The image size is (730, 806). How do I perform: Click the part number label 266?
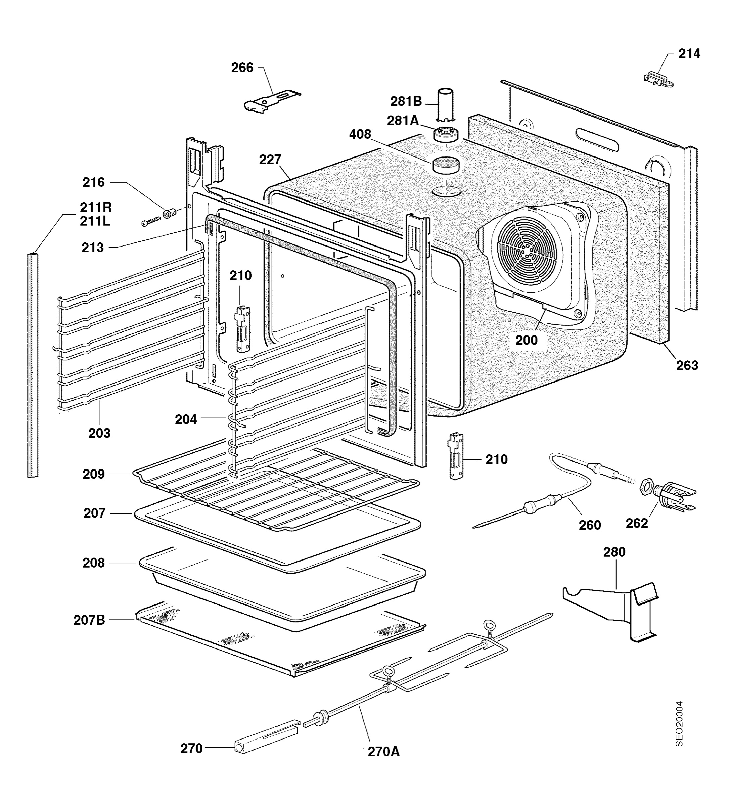coord(242,68)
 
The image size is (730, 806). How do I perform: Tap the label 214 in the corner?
coord(689,54)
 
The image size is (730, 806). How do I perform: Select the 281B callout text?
coord(406,101)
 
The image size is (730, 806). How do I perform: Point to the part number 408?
coord(360,134)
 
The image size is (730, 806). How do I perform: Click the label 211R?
coord(96,207)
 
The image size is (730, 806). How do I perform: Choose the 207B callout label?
coord(89,620)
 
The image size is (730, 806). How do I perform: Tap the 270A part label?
coord(383,752)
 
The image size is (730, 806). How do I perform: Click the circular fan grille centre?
coord(529,248)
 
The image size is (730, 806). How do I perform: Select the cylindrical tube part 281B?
coord(445,105)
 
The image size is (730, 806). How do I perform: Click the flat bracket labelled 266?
coord(272,100)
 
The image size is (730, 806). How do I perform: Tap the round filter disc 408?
coord(445,165)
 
